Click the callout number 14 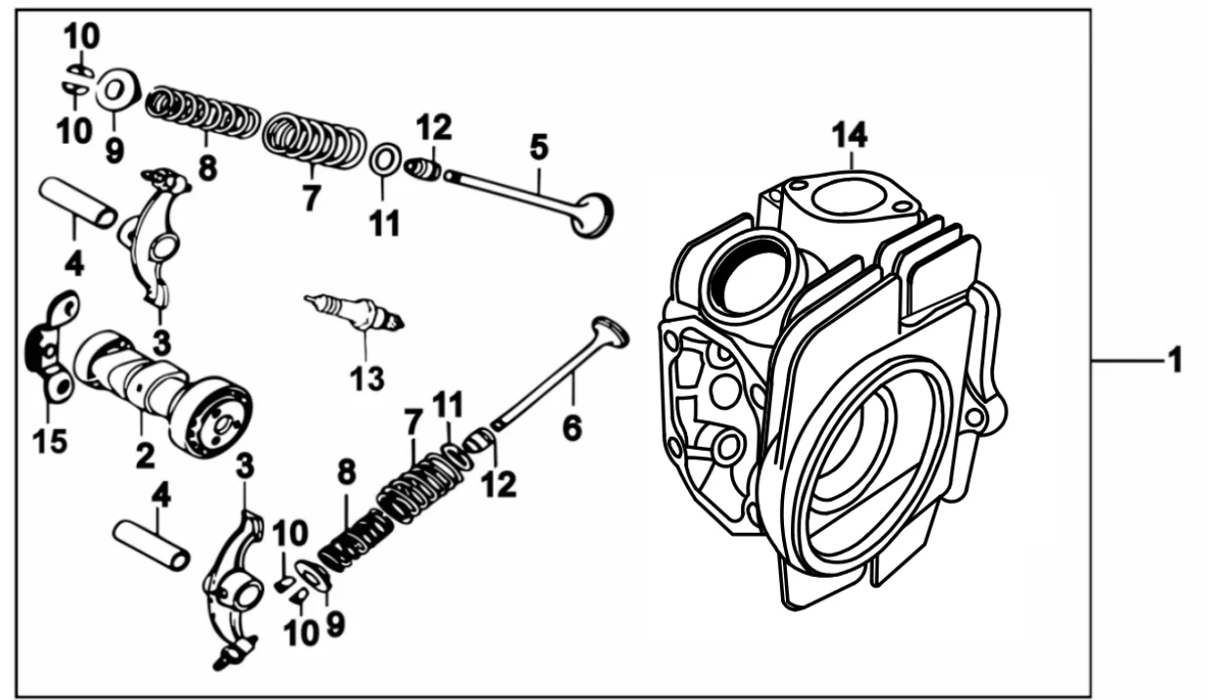coord(849,136)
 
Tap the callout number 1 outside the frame coord(1175,360)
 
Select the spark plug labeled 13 coord(355,313)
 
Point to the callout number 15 coord(50,441)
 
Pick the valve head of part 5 coord(593,215)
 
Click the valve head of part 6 coord(610,330)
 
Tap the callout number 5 coord(539,147)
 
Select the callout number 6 coord(572,428)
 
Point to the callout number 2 coord(146,456)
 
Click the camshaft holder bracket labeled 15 coord(52,348)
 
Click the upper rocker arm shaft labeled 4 coord(77,202)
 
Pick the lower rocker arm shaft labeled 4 coord(152,546)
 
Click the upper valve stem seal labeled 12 coord(423,168)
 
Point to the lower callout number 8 coord(346,472)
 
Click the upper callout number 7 coord(311,198)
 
